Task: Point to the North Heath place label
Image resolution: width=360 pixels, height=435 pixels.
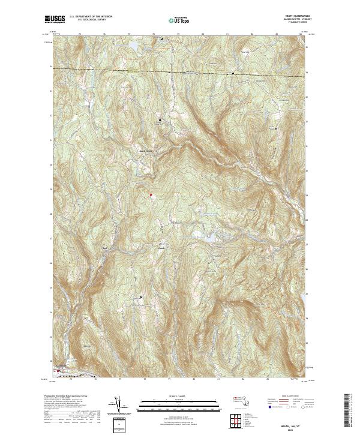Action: point(146,150)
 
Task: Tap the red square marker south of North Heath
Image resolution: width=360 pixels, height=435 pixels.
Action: point(151,194)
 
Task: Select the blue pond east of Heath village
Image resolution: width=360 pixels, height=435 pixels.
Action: point(211,239)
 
